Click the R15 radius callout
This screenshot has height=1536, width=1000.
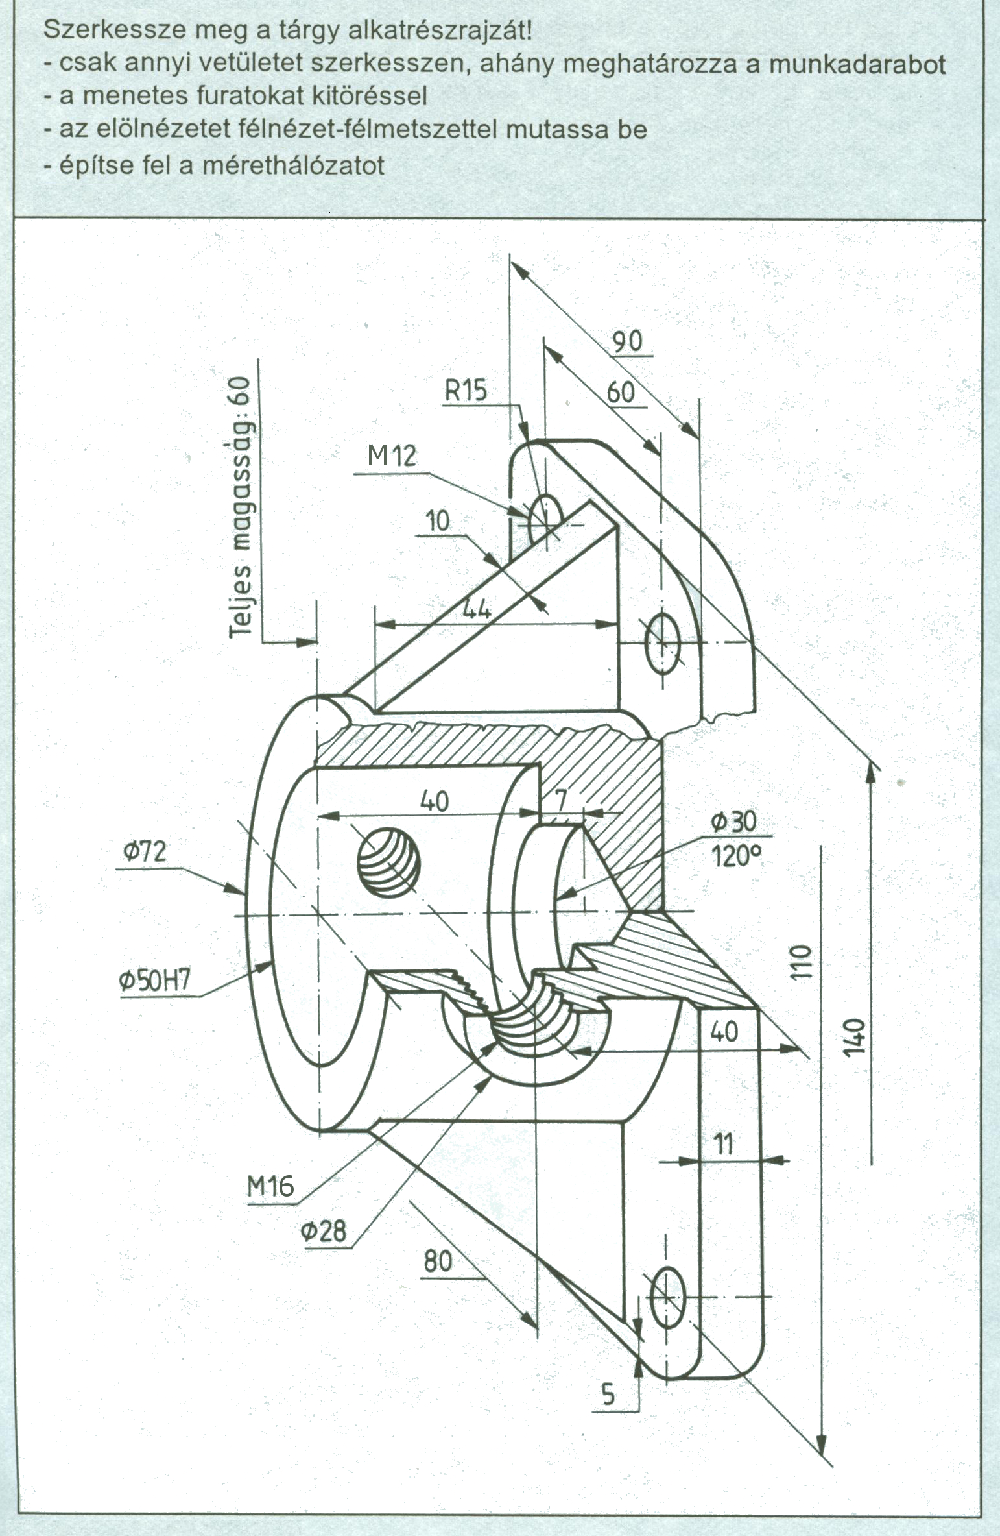pos(466,391)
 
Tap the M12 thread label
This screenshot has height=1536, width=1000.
pos(392,456)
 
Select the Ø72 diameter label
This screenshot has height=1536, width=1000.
pos(145,851)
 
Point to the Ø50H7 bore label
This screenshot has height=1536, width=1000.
pos(155,979)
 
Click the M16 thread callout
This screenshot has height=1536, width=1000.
pos(270,1187)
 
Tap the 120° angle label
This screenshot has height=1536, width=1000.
pos(735,857)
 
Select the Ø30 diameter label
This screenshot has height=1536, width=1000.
pos(733,822)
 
